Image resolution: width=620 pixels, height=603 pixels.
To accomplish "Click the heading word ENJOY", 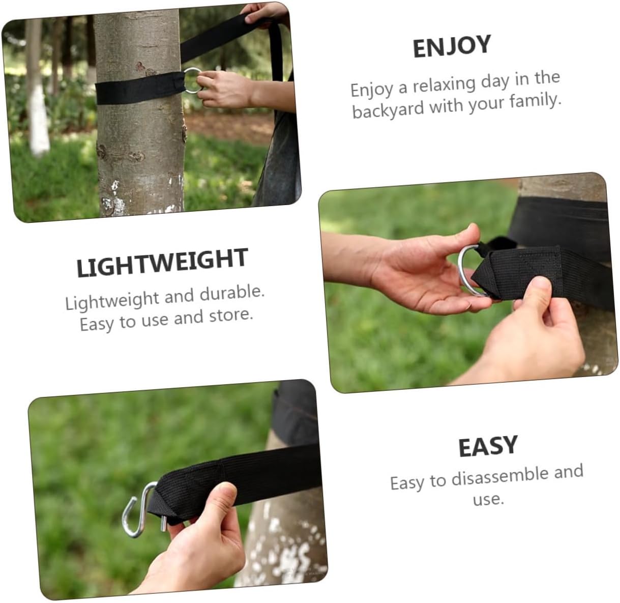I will [451, 47].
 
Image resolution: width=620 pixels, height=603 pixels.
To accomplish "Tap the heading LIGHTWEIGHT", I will [162, 263].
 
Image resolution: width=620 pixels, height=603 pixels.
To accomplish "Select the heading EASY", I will [487, 447].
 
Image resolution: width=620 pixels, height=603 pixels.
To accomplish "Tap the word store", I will [231, 316].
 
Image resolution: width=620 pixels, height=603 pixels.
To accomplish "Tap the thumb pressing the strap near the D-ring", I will [534, 295].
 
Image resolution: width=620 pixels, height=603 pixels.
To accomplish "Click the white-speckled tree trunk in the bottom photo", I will [285, 539].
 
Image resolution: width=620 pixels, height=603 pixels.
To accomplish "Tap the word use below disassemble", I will [488, 499].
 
